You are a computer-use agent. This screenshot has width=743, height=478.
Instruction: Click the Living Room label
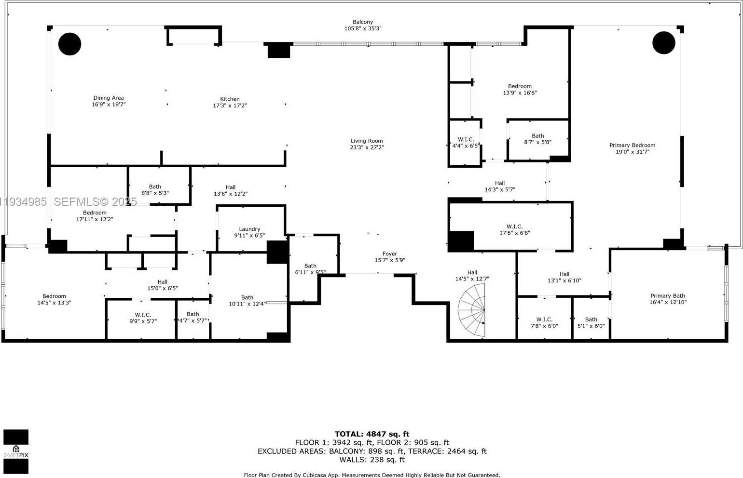367,141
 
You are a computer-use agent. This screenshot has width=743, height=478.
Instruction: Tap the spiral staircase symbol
473,311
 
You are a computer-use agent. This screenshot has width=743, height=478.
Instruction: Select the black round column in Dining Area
69,44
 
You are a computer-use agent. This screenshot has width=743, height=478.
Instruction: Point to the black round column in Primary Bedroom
664,43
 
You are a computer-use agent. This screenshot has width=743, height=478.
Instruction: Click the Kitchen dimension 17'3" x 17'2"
230,106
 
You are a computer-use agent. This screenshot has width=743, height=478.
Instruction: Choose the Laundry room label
249,229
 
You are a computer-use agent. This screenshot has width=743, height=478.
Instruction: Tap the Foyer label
390,254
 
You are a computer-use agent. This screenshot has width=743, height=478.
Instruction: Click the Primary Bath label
668,296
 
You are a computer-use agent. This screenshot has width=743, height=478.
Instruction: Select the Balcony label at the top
362,22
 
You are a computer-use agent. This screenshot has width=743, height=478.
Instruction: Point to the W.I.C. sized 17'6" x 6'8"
514,230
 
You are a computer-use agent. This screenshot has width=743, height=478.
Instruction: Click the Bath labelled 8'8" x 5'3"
155,190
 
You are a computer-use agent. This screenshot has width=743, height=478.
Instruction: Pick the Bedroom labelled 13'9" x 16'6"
520,90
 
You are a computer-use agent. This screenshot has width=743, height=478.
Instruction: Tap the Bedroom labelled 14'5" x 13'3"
54,299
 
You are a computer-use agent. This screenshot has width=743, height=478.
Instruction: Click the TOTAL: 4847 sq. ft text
371,434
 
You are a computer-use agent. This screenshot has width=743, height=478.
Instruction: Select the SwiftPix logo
16,451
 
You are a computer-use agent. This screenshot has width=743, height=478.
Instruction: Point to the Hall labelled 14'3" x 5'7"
500,186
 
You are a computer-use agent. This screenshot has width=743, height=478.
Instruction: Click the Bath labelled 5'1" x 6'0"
591,323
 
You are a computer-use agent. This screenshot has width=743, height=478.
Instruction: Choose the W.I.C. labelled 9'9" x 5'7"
143,318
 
